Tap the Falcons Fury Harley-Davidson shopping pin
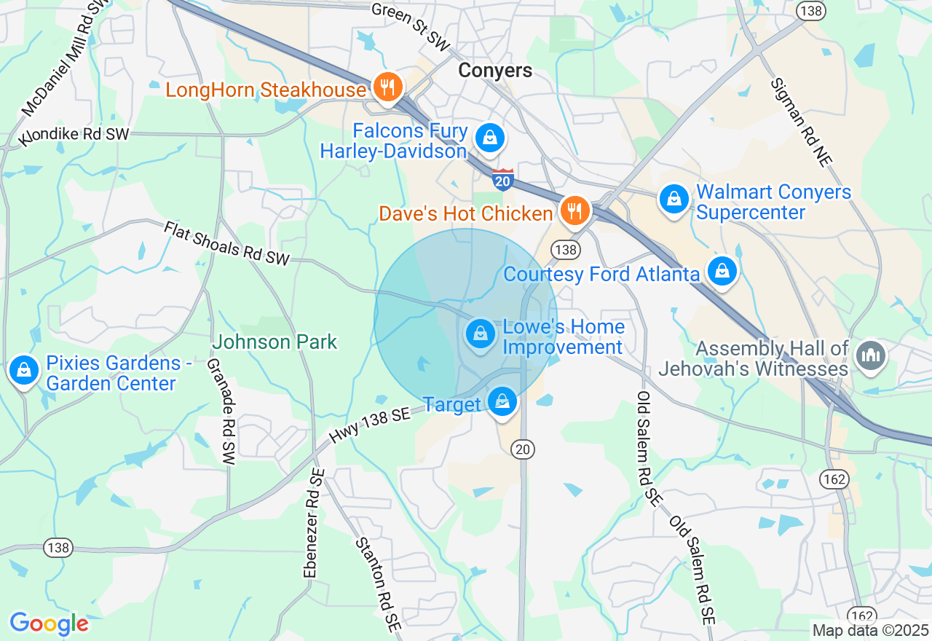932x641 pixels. (490, 137)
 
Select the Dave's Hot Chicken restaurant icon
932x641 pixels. (574, 212)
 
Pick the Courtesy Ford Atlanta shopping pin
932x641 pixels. (722, 272)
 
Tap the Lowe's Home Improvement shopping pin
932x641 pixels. (480, 335)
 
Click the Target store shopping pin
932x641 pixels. (502, 401)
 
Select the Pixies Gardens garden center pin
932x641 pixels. (24, 370)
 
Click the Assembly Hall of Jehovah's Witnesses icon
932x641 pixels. (869, 355)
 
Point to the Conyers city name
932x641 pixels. (495, 71)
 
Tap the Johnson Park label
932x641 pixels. (275, 342)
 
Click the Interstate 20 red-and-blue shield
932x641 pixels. (502, 179)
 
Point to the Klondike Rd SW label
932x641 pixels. (74, 135)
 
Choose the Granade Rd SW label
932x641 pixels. (221, 412)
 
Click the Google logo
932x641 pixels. (49, 624)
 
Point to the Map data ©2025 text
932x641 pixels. (870, 630)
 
